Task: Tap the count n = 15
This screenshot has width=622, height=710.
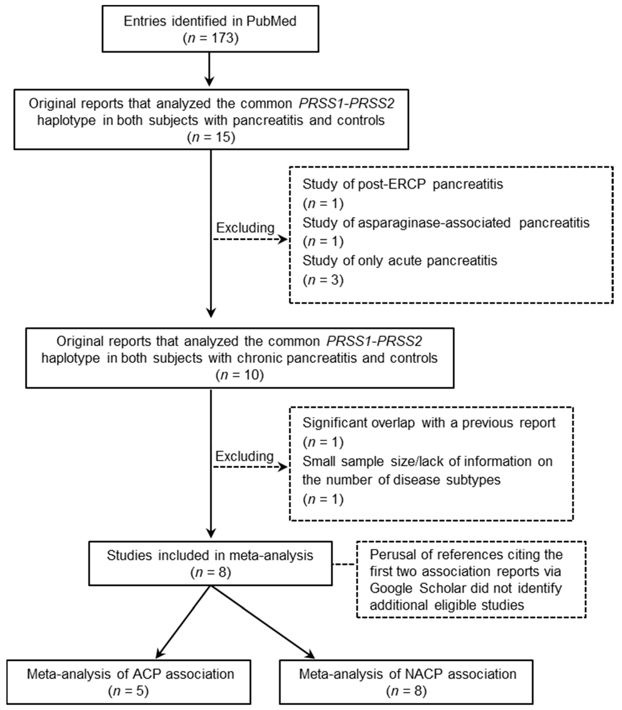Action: (211, 137)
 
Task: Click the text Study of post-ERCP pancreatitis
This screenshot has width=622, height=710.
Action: (402, 184)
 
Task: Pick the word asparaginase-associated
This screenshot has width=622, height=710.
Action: (434, 223)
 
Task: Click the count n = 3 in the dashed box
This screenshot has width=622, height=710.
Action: (323, 280)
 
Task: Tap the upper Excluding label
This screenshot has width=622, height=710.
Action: (245, 228)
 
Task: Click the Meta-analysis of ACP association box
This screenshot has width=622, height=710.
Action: (128, 682)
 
